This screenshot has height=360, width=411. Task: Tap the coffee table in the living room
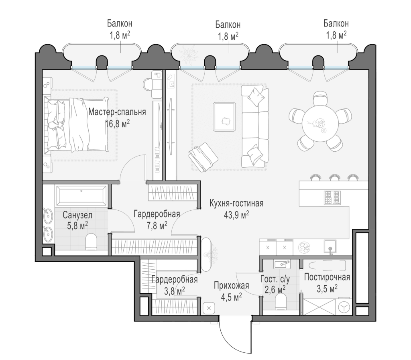click(224, 117)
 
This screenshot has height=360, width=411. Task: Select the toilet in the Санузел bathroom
click(91, 241)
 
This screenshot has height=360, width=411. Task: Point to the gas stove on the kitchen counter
click(332, 197)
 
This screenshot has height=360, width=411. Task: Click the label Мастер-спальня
click(117, 112)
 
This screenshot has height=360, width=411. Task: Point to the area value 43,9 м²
click(236, 215)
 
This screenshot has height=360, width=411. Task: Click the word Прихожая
click(231, 285)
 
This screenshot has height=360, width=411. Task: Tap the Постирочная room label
click(327, 277)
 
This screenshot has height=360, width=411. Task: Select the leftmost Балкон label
click(120, 24)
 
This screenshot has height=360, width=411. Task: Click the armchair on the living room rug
click(203, 157)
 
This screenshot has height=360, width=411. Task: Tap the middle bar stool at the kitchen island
click(334, 178)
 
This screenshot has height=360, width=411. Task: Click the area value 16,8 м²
click(117, 123)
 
